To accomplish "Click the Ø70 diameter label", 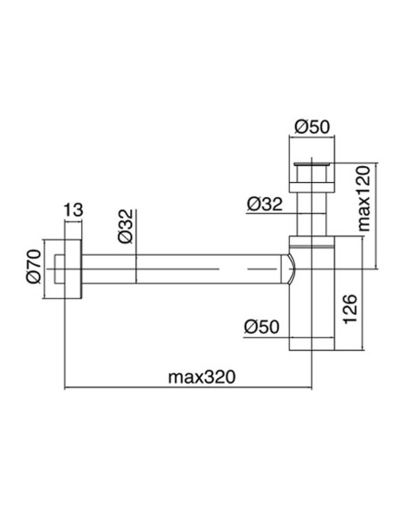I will [x=35, y=266].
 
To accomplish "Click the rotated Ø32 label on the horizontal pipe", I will [x=127, y=227].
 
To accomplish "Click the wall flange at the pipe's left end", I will [x=72, y=267].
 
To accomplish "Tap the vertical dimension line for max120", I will [x=380, y=214].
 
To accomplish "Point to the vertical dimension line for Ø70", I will [x=46, y=266].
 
